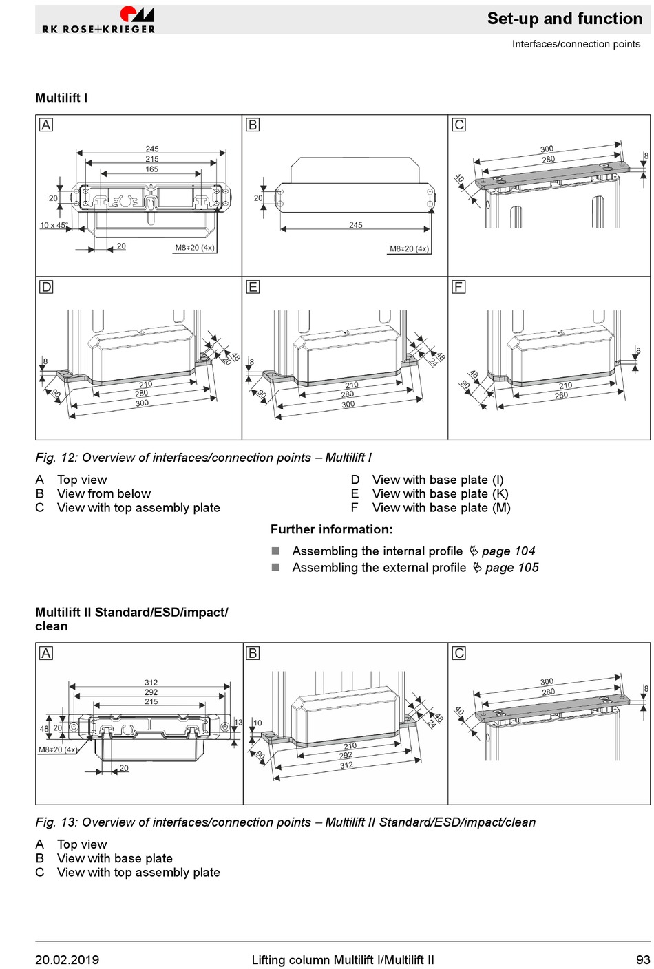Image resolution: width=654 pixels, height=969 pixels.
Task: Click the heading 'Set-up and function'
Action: coord(565,19)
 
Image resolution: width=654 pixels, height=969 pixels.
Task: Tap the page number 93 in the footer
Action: coord(642,960)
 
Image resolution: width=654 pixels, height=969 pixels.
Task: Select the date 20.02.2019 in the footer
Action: coord(67,960)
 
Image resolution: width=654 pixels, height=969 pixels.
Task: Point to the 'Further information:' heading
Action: coord(331,529)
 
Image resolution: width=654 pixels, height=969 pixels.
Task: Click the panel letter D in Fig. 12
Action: coord(46,287)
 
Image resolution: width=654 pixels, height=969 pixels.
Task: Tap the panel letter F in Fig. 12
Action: coord(459,287)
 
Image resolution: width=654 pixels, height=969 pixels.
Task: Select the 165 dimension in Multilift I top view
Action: coord(151,169)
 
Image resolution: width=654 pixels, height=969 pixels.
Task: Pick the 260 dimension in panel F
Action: coord(562,396)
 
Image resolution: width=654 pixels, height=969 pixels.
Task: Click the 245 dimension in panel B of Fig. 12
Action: coord(355,225)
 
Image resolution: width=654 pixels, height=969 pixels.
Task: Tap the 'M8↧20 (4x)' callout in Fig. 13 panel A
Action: coord(58,749)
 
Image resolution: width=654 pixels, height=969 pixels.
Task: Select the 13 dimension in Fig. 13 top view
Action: coord(238,723)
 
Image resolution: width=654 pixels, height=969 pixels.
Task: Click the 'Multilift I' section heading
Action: coord(61,98)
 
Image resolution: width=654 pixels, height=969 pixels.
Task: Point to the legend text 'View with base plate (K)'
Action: coord(440,493)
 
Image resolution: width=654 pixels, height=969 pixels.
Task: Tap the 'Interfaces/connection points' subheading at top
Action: coord(576,44)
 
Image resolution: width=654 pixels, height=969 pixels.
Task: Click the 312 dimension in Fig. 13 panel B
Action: coord(346,765)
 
